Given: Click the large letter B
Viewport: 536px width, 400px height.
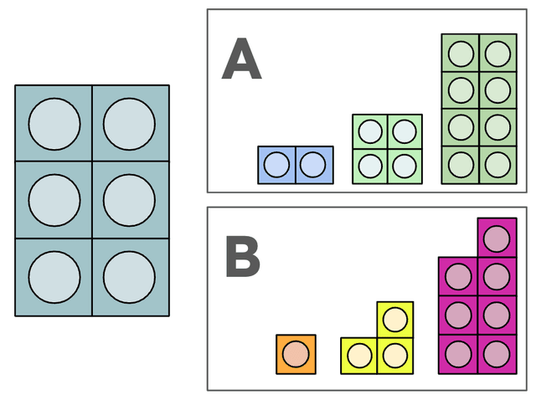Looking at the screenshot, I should coord(242,257).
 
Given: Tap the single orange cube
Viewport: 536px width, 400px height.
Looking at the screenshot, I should coord(296,354).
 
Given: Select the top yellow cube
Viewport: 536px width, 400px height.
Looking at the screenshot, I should coord(395,319).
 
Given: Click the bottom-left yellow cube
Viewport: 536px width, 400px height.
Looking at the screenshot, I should coord(359,356).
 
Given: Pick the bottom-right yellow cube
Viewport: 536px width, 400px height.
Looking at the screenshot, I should coord(395,356).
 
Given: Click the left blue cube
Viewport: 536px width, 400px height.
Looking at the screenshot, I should coord(276,165).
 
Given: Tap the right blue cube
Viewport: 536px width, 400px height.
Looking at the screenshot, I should coord(313,165).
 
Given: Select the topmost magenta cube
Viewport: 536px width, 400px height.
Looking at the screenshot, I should coord(497,237).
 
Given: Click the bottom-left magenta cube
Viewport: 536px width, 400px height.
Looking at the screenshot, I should coord(458,354).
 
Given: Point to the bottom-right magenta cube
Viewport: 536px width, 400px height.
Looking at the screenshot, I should coord(497,354).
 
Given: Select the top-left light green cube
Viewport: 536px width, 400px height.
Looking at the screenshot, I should coord(369,131).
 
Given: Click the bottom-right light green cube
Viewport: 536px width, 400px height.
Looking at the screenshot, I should coord(405,165).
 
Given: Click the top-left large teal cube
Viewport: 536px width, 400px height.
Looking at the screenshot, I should coord(54,124).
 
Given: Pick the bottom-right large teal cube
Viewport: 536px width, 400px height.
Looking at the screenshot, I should coord(130,277).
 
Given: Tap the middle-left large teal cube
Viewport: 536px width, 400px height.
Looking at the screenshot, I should coord(54,201).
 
